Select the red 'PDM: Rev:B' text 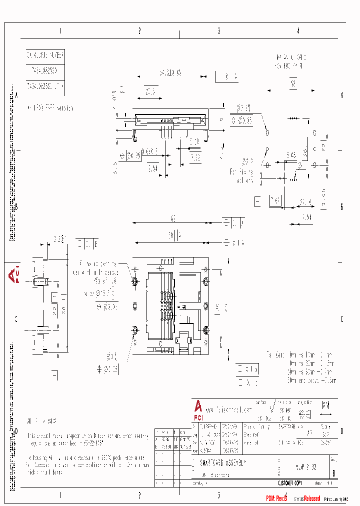click(276, 499)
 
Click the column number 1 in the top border click(60, 31)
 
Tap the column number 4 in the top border click(298, 31)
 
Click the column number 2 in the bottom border click(139, 495)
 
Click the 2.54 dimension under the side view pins click(152, 168)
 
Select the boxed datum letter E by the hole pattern click(257, 201)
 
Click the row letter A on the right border click(342, 94)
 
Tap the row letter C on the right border click(342, 319)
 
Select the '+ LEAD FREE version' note click(50, 107)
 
